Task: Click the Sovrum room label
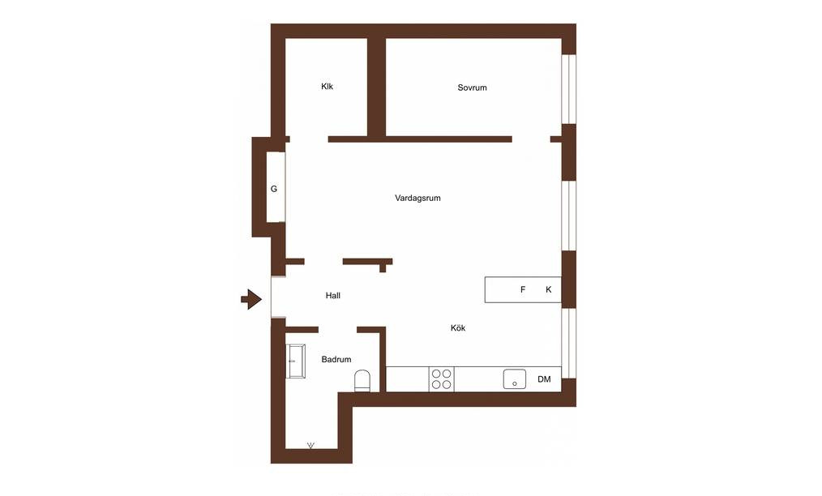tap(472, 88)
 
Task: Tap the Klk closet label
tap(328, 87)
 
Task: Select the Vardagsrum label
tap(417, 199)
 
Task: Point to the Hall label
tap(333, 296)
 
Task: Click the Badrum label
tap(336, 360)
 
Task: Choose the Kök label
tap(458, 328)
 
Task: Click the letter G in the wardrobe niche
tap(274, 189)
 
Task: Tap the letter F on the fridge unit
tap(523, 289)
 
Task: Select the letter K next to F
tap(548, 289)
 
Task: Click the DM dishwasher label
tap(544, 379)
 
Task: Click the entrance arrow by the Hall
tap(251, 299)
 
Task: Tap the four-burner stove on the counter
tap(442, 379)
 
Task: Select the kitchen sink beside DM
tap(514, 378)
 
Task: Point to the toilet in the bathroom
tap(363, 381)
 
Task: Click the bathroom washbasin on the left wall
tap(296, 361)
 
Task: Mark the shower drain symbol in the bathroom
tap(310, 446)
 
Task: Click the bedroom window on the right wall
tap(569, 89)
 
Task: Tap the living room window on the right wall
tap(569, 216)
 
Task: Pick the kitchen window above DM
tap(569, 344)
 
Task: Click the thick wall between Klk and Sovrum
tap(376, 87)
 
